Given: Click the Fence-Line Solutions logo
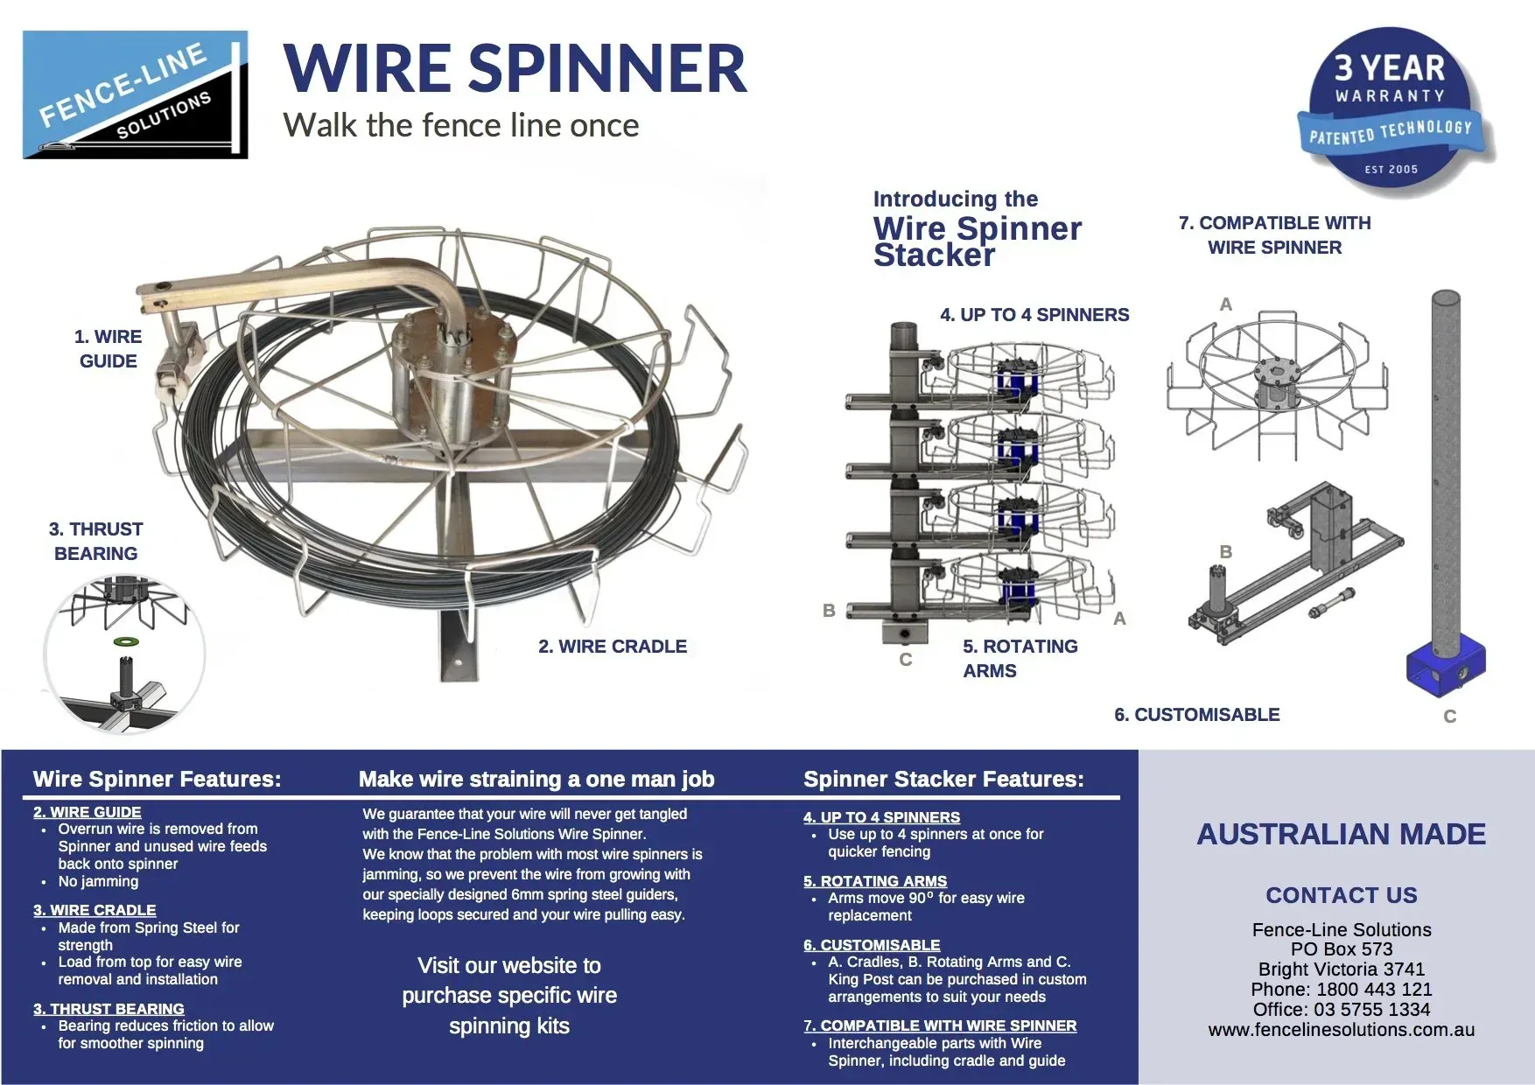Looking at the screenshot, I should click(x=135, y=94).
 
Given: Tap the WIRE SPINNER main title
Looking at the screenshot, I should click(x=515, y=68).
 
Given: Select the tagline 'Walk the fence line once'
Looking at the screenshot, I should click(x=461, y=126).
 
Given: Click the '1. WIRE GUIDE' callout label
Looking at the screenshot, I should click(x=108, y=348).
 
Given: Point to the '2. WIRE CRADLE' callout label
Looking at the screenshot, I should click(x=613, y=647).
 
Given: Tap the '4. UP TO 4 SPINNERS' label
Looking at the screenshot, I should click(x=1034, y=315).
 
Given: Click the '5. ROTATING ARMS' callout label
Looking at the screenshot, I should click(x=1020, y=658).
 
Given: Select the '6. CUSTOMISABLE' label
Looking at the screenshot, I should click(x=1196, y=715).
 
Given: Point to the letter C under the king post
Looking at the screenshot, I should click(x=1449, y=717).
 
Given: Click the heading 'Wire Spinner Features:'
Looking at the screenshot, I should click(x=157, y=779).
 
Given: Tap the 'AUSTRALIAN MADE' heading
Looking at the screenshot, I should click(x=1341, y=834).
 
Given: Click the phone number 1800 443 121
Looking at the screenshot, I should click(x=1374, y=990).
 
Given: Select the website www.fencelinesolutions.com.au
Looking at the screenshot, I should click(x=1341, y=1030).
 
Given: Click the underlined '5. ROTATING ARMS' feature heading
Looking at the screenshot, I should click(x=875, y=881).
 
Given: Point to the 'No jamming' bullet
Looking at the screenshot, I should click(x=98, y=881).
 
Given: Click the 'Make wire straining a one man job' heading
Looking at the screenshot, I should click(x=536, y=779).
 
